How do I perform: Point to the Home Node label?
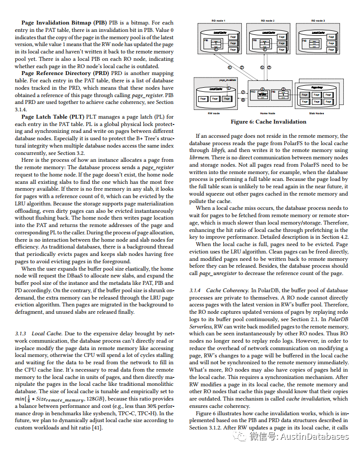tap(267, 112)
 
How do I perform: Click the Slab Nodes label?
tap(316, 112)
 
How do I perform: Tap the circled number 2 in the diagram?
tap(242, 92)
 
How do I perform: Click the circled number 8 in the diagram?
tap(242, 100)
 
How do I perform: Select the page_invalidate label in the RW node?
tap(227, 79)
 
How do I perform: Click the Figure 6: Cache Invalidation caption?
tap(268, 122)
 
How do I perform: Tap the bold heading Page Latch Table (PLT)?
tap(52, 117)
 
